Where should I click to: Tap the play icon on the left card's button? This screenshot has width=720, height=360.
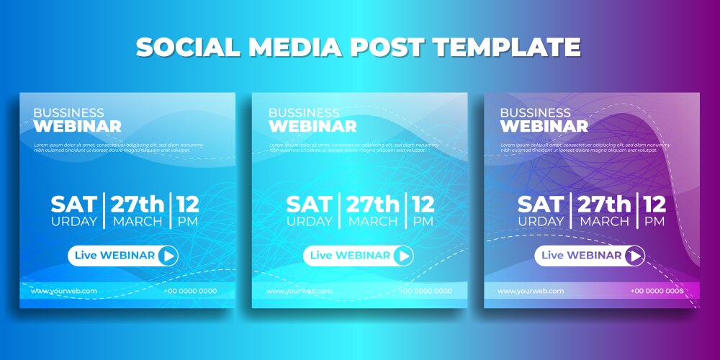click(x=167, y=256)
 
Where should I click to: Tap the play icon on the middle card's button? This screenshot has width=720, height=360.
click(x=403, y=256)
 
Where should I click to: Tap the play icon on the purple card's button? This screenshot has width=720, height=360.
click(x=634, y=256)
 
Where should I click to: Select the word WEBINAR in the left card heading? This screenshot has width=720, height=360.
click(x=77, y=127)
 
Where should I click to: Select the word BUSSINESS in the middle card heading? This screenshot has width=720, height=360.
click(x=304, y=113)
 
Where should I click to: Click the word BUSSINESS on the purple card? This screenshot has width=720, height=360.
click(x=535, y=113)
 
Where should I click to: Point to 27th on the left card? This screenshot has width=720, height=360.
click(x=137, y=204)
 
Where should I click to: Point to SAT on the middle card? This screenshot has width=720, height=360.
click(x=309, y=204)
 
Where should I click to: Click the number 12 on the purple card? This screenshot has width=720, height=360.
click(x=655, y=204)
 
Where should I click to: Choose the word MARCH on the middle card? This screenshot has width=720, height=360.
click(x=373, y=222)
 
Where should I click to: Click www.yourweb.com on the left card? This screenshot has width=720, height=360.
click(x=63, y=291)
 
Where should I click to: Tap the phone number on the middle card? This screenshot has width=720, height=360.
click(x=426, y=291)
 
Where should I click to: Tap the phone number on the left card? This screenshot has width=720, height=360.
click(x=190, y=291)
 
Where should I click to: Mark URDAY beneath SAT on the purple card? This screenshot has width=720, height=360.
click(x=541, y=222)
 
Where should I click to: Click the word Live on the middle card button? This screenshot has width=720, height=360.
click(x=321, y=256)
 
